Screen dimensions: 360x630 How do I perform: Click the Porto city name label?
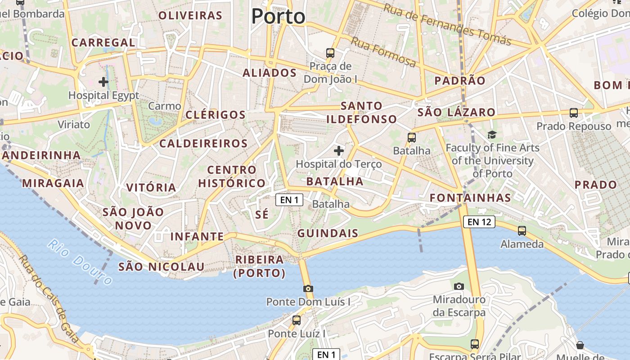[278, 17]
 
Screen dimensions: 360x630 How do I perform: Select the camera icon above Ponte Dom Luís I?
[308, 288]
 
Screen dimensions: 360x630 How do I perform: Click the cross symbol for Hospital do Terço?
[339, 151]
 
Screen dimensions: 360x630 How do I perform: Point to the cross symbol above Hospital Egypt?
[103, 82]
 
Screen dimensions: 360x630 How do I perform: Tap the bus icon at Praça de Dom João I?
[330, 53]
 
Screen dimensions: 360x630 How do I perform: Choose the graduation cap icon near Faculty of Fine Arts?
[492, 135]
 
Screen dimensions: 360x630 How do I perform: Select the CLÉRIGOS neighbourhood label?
[216, 114]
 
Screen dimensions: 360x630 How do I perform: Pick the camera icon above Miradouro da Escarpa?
[459, 286]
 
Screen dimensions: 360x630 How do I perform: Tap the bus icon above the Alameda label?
[522, 231]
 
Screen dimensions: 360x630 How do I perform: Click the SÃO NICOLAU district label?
[161, 266]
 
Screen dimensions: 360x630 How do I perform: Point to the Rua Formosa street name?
[383, 52]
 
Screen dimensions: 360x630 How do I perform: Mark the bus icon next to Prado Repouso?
[574, 113]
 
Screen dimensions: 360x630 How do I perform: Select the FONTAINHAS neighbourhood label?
[470, 198]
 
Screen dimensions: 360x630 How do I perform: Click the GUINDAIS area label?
[328, 233]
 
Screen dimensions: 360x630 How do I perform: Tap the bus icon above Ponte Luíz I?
[297, 320]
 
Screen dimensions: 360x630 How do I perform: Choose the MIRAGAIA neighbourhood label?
[53, 183]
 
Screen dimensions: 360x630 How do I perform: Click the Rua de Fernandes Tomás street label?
[447, 24]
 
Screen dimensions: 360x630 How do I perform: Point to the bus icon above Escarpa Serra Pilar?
[474, 344]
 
